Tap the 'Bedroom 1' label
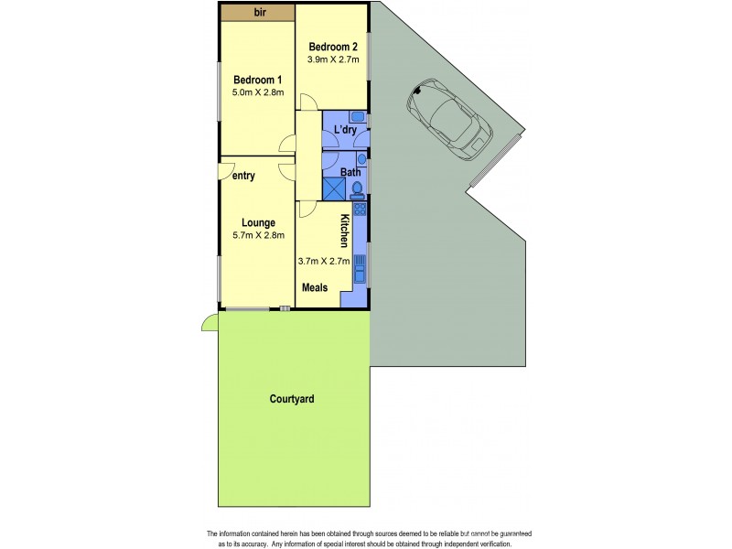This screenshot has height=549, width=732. [x=257, y=79]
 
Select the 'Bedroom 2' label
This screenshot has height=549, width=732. [x=332, y=47]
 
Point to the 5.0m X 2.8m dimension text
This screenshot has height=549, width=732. [x=257, y=92]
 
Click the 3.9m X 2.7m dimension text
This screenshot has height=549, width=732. [x=333, y=60]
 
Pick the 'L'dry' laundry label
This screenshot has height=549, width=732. [x=345, y=131]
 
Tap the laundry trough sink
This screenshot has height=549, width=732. [x=359, y=118]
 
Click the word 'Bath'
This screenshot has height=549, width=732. [x=350, y=172]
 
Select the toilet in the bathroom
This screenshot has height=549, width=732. [x=358, y=190]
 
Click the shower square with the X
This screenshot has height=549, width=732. [x=334, y=188]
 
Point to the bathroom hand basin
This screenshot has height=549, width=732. [x=361, y=159]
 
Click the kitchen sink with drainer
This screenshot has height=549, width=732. [x=361, y=269]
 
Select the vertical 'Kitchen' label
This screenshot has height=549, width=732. [x=345, y=231]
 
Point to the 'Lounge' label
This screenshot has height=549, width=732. [x=258, y=222]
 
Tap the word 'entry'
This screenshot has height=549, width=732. [x=243, y=176]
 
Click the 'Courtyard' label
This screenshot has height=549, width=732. [x=293, y=399]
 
